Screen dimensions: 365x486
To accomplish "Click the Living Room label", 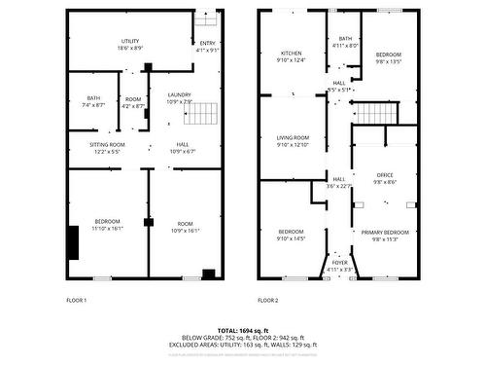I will (293, 141).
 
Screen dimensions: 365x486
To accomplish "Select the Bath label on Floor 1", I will (93, 100).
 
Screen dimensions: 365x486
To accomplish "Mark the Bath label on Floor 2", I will (345, 41).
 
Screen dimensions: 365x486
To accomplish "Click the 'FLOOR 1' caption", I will (77, 301).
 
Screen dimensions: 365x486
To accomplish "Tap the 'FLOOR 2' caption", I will (268, 301).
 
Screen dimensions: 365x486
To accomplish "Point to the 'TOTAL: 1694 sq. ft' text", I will (243, 331).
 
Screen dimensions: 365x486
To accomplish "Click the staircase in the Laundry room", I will (198, 115).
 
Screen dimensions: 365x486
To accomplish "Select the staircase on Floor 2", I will (374, 113).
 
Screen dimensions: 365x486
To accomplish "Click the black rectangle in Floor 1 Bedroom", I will (73, 240).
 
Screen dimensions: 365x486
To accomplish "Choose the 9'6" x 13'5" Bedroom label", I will (388, 56).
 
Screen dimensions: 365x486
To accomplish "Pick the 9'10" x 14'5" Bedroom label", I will (292, 235).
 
